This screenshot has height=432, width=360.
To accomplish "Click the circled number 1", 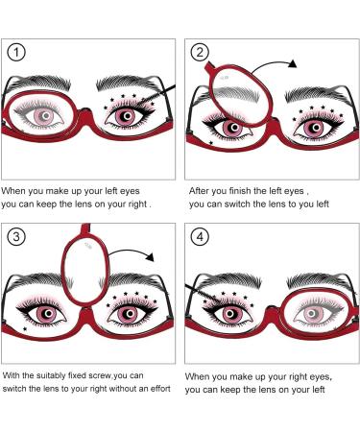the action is tap(16, 52).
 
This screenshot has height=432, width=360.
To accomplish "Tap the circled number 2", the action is tap(200, 52).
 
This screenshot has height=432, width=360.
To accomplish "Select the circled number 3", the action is tap(16, 237).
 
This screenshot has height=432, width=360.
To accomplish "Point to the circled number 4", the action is tap(200, 237).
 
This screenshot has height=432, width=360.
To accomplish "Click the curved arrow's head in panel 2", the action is tap(293, 63).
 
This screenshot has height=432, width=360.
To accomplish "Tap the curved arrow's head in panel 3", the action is tap(150, 256).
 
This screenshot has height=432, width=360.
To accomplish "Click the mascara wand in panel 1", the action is tap(158, 95).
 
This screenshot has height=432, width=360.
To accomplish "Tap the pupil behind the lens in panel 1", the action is tap(46, 115).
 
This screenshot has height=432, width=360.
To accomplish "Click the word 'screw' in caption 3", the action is tap(97, 375).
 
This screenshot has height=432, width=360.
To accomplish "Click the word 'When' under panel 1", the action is tap(12, 191).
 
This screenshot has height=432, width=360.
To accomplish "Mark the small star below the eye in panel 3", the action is tap(25, 328).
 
